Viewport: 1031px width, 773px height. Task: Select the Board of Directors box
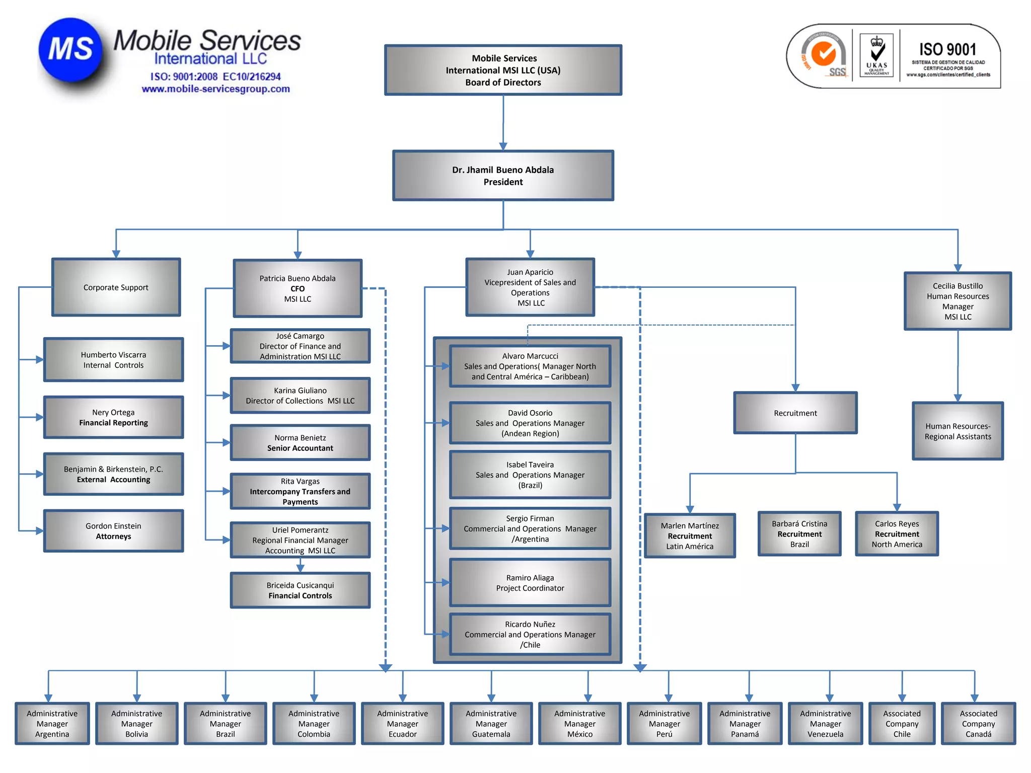tap(503, 70)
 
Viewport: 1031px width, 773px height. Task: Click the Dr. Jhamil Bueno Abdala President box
tap(503, 176)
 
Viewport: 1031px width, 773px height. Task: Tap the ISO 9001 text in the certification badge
tap(947, 49)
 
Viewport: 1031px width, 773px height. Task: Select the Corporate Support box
tap(116, 287)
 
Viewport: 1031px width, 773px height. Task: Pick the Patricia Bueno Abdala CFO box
tap(298, 288)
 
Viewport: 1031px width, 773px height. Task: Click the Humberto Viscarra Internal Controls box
tap(113, 360)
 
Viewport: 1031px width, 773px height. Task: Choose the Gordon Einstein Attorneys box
tap(113, 531)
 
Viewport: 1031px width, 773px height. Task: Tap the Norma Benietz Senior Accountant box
tap(300, 443)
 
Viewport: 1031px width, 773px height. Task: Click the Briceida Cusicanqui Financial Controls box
tap(300, 590)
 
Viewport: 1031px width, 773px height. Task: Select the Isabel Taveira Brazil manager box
tap(530, 475)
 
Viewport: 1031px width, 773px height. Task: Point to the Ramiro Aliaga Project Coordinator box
tap(530, 583)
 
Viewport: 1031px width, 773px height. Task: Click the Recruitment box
tap(795, 413)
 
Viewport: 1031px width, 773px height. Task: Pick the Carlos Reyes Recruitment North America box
tap(897, 534)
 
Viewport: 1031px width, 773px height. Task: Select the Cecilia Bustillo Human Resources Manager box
tap(958, 301)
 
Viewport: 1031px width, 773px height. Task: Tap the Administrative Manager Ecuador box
tap(402, 724)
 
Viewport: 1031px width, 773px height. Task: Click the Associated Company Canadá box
tap(978, 724)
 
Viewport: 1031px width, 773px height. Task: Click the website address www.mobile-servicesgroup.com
tap(215, 89)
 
